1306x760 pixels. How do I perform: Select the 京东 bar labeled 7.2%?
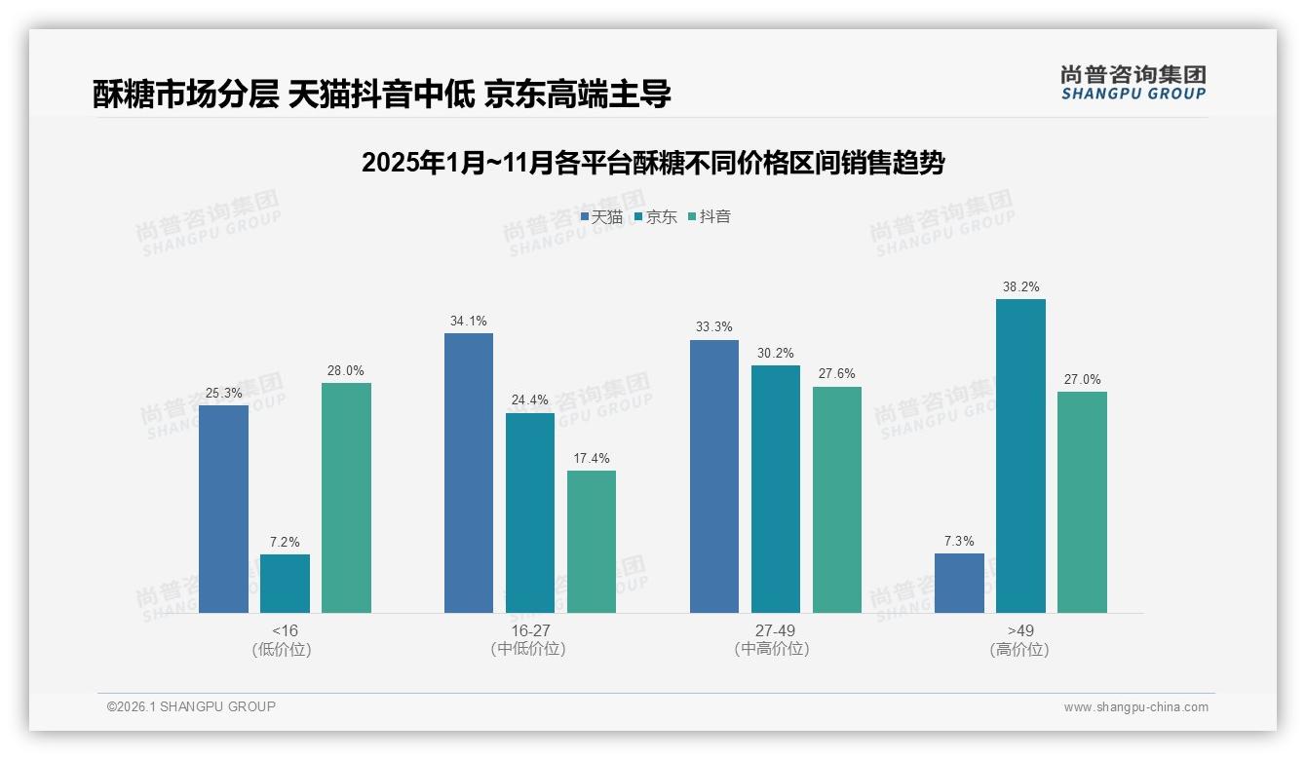[x=285, y=584]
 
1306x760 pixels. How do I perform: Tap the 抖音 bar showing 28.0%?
[x=346, y=498]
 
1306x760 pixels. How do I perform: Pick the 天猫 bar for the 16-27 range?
[x=469, y=473]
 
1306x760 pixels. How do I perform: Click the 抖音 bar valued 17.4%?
[x=592, y=542]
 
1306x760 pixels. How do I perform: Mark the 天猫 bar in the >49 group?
[x=959, y=583]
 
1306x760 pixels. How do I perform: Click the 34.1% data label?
[x=469, y=321]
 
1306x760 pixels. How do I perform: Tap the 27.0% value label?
[x=1082, y=379]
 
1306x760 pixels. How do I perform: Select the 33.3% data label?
[x=714, y=327]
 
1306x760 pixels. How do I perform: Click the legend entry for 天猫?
[x=601, y=217]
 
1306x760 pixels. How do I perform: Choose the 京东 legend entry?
[x=656, y=217]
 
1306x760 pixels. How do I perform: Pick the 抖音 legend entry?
[x=710, y=217]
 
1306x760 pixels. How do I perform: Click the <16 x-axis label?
[x=285, y=630]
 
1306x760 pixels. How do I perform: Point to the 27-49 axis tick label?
[x=775, y=630]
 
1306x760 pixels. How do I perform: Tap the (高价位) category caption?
[x=1019, y=650]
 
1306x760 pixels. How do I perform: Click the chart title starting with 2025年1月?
[x=653, y=163]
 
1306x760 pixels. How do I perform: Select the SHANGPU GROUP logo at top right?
[x=1133, y=83]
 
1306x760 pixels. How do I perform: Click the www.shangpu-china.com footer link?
[x=1135, y=707]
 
